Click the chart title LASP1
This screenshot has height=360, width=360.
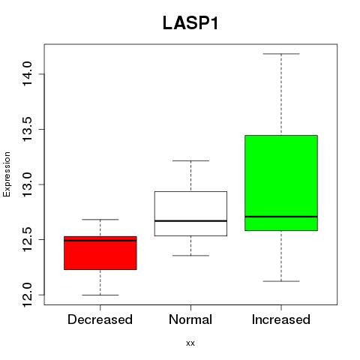point(190,23)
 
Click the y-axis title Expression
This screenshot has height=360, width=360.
point(7,175)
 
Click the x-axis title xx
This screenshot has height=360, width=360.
point(190,343)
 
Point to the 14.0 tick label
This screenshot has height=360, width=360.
point(27,74)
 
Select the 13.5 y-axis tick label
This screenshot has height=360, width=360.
point(27,129)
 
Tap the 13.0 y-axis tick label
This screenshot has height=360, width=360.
point(27,184)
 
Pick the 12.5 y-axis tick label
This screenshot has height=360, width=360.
point(27,239)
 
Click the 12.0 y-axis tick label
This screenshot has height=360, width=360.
point(27,295)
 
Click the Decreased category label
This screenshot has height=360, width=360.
point(100,319)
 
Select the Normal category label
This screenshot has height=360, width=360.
point(190,319)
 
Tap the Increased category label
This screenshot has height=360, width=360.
point(281,319)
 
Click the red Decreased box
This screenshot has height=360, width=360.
point(100,253)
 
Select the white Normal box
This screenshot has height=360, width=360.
point(190,214)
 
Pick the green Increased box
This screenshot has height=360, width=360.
point(281,183)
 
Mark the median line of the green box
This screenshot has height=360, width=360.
point(281,217)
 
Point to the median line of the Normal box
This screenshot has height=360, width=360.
point(190,221)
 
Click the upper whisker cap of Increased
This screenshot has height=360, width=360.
point(281,54)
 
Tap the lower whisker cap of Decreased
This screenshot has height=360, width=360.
point(100,295)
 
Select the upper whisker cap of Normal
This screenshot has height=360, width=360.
point(190,160)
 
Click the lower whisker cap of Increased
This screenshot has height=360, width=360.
point(281,281)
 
